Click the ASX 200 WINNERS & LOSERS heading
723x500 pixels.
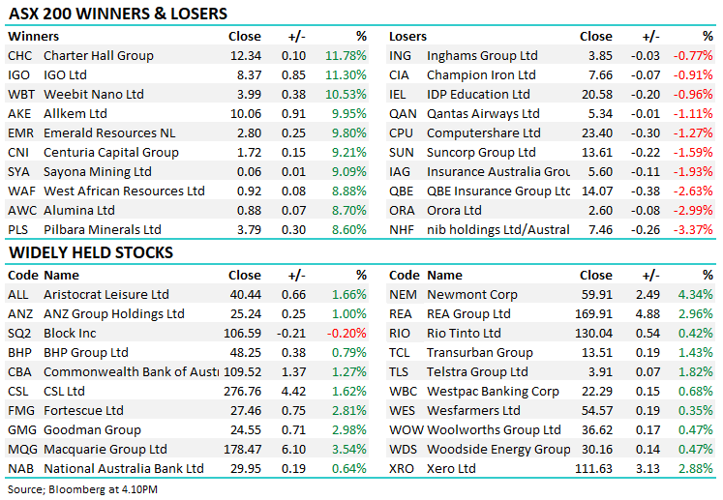pyautogui.click(x=117, y=14)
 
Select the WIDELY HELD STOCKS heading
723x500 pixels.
pyautogui.click(x=91, y=252)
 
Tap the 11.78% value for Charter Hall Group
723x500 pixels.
pyautogui.click(x=346, y=56)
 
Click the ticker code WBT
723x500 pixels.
pyautogui.click(x=20, y=95)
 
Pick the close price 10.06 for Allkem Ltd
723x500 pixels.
pyautogui.click(x=245, y=114)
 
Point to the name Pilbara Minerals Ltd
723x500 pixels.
pyautogui.click(x=103, y=230)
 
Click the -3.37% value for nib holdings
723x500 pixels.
pyautogui.click(x=695, y=230)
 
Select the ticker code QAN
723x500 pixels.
pyautogui.click(x=403, y=114)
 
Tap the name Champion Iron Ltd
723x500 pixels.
pyautogui.click(x=481, y=75)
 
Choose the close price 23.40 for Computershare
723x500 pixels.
pyautogui.click(x=596, y=133)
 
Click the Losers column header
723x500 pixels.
pyautogui.click(x=407, y=37)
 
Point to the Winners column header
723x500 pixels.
pyautogui.click(x=33, y=37)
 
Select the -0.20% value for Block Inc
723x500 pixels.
pyautogui.click(x=347, y=334)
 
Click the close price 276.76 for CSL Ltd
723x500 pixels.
pyautogui.click(x=241, y=392)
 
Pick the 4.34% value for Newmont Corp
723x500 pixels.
pyautogui.click(x=696, y=295)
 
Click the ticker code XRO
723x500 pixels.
pyautogui.click(x=403, y=469)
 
